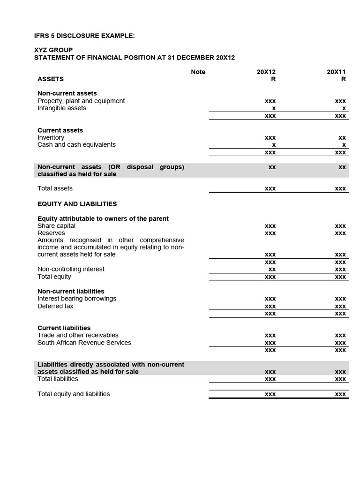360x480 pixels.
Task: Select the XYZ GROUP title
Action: click(x=53, y=50)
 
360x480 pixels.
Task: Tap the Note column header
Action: click(x=198, y=72)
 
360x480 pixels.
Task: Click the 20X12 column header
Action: click(x=266, y=72)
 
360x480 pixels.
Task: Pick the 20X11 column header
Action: click(x=336, y=72)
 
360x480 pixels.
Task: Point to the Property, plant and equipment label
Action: click(x=81, y=101)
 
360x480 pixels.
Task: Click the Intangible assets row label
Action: click(x=62, y=108)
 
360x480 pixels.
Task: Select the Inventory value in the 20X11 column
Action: click(x=342, y=138)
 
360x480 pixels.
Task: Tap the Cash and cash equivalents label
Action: click(x=76, y=145)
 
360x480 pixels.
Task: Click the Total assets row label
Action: click(x=55, y=188)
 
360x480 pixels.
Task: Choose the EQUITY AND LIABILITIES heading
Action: click(x=77, y=204)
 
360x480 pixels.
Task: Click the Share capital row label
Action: click(x=56, y=226)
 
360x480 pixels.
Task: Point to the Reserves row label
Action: click(x=51, y=233)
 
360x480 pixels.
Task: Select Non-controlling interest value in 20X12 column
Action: click(x=271, y=270)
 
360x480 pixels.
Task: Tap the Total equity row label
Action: click(x=54, y=277)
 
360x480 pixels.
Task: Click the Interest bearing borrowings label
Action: click(x=77, y=299)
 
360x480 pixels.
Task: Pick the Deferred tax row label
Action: click(x=55, y=306)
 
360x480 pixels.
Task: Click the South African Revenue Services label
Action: click(x=84, y=343)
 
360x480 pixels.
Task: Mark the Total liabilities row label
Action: click(x=58, y=379)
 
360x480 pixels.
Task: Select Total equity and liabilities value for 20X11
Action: click(x=340, y=394)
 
